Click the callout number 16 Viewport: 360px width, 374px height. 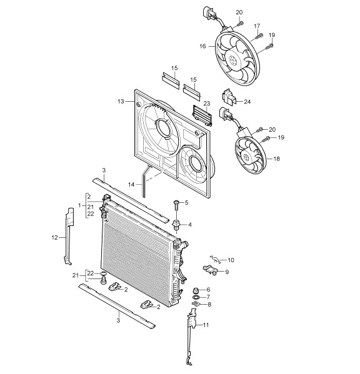[202, 46]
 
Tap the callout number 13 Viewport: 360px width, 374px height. [121, 102]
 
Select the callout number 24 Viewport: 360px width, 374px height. [247, 102]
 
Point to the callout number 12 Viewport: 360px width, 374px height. [54, 237]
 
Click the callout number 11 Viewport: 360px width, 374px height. [206, 325]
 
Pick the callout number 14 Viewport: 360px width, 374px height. [131, 185]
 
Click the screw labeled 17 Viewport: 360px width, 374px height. [259, 36]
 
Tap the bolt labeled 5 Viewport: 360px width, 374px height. [176, 205]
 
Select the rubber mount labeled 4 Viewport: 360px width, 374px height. [176, 225]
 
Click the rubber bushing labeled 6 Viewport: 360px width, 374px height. [196, 291]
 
